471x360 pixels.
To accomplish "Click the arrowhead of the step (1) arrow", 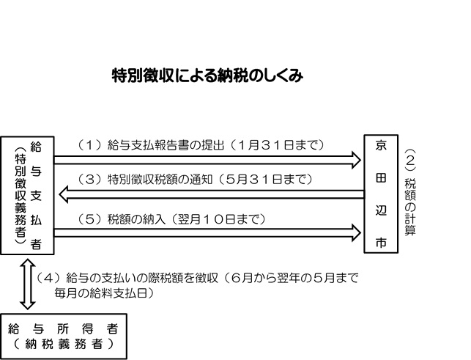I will [357, 159].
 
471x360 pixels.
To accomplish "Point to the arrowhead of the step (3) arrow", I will [64, 194].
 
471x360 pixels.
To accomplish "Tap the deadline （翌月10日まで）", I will [220, 218].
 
